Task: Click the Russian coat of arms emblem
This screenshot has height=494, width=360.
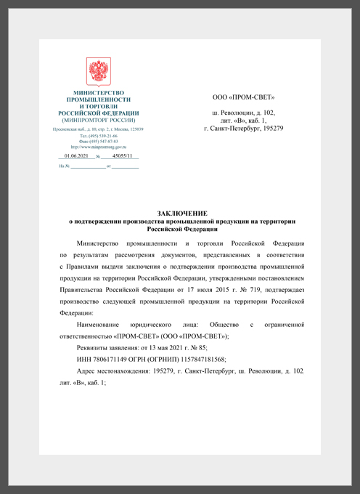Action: pyautogui.click(x=99, y=73)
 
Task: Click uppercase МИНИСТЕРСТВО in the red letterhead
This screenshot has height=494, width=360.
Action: pyautogui.click(x=99, y=93)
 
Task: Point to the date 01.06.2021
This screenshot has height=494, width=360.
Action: pyautogui.click(x=75, y=155)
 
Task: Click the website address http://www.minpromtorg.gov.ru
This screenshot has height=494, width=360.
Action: pyautogui.click(x=99, y=147)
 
